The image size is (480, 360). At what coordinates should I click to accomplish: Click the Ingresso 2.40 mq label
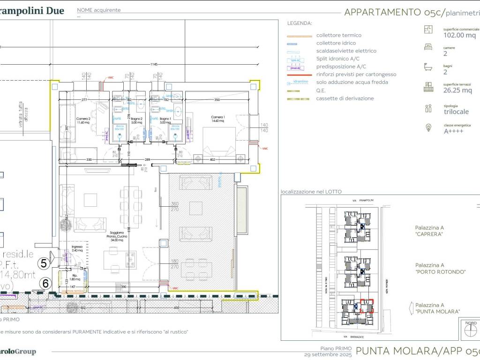tap(76, 248)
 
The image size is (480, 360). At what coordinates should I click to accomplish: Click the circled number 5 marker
tap(44, 263)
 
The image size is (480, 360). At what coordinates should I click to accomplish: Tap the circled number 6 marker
tap(45, 283)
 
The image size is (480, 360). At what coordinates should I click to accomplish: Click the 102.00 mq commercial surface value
tap(459, 35)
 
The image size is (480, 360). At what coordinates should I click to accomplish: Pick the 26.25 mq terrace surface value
tap(457, 90)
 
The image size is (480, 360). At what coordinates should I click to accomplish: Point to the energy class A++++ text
tap(453, 131)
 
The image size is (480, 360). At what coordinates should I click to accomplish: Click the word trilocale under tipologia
tap(456, 112)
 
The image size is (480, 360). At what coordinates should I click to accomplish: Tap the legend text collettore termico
tap(338, 35)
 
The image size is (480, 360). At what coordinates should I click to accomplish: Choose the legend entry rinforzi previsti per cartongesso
tap(356, 74)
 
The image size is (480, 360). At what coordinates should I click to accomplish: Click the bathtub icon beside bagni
tap(428, 67)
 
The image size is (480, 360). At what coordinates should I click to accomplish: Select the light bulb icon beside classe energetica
tap(428, 127)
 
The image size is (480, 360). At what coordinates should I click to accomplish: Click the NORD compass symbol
tap(470, 330)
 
